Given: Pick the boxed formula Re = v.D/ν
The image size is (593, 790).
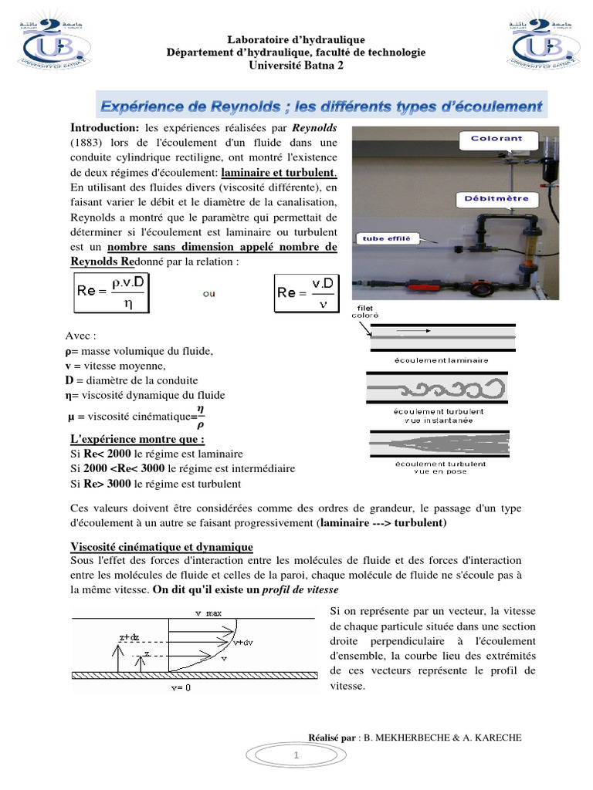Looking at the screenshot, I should pyautogui.click(x=307, y=293).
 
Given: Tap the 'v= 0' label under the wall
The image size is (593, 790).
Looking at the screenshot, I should pyautogui.click(x=184, y=687).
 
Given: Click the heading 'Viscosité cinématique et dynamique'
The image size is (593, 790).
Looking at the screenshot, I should pyautogui.click(x=161, y=547).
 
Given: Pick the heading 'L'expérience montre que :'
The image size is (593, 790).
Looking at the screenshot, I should pyautogui.click(x=137, y=440).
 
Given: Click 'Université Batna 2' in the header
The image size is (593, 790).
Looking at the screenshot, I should pyautogui.click(x=296, y=65).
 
